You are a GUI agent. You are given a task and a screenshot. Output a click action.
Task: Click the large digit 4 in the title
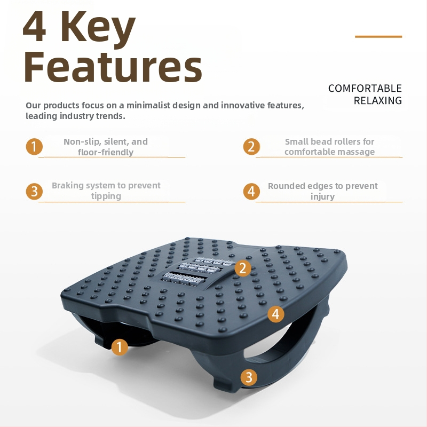[34, 27]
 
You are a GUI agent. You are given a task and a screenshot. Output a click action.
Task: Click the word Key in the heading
[98, 30]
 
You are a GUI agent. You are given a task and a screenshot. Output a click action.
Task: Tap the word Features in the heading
[113, 67]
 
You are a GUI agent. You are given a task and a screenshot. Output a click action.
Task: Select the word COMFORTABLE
[365, 89]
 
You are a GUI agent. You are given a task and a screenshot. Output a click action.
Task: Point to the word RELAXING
[378, 101]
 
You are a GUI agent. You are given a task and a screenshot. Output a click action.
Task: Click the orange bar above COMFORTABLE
[378, 36]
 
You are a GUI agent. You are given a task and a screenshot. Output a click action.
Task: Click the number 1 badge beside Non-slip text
[34, 146]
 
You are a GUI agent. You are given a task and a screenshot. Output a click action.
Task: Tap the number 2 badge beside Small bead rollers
[251, 146]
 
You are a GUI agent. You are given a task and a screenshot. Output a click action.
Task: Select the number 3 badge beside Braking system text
[34, 191]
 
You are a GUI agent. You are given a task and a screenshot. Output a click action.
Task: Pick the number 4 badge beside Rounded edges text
[251, 191]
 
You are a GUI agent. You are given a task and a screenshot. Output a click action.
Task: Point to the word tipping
[106, 196]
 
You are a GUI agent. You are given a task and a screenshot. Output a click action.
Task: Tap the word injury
[323, 196]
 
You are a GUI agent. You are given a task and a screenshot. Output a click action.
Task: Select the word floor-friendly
[106, 152]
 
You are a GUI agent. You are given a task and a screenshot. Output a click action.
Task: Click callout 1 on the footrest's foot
[120, 347]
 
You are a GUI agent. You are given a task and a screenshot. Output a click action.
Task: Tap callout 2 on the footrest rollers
[243, 268]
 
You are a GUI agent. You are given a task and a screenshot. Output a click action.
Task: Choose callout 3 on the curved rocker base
[249, 377]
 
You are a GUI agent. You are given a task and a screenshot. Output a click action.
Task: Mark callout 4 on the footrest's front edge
[276, 314]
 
